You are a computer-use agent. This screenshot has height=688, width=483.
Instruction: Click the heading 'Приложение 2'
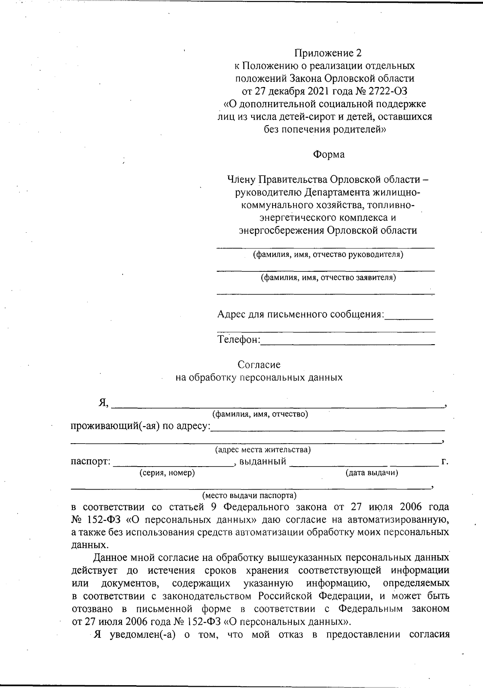coord(328,53)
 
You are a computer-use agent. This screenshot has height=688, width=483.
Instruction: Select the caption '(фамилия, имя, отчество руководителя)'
coord(328,254)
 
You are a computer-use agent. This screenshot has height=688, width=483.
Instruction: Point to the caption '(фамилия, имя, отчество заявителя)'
coord(328,277)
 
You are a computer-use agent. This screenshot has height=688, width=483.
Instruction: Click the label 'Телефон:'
coord(239,340)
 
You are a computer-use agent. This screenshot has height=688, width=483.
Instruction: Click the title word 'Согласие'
coord(259,365)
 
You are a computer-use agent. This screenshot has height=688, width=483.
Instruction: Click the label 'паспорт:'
coord(91,461)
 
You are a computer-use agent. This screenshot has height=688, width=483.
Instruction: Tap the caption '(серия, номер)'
coord(167,473)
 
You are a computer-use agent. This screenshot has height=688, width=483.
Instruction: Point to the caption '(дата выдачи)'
coord(372,473)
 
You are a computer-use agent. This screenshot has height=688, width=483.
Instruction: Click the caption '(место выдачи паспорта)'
coord(249,495)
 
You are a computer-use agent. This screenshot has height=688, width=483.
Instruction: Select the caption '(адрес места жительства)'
coord(262,450)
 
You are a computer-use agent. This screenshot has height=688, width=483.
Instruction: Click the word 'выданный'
coord(262,461)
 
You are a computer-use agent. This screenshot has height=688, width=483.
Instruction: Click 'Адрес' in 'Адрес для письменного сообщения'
coord(231,314)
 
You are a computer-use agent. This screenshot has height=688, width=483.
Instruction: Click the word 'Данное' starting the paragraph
coord(110,558)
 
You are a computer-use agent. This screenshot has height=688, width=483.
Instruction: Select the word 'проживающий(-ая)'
coord(115,426)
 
